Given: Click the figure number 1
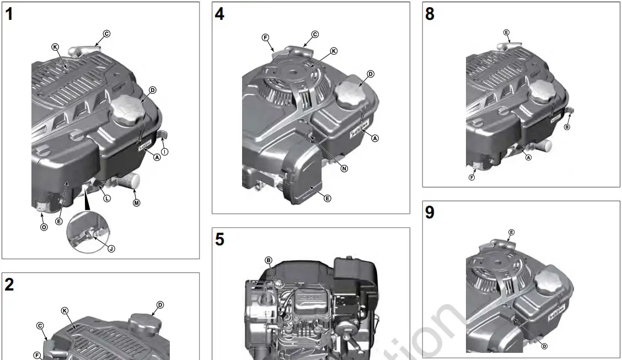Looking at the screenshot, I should tap(9, 15).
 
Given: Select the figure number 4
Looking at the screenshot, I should tap(219, 14).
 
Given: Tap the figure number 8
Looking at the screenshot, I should tap(430, 14).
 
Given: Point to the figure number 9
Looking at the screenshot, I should tap(430, 213).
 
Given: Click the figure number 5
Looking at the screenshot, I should tap(219, 240).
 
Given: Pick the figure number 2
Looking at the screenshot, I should tap(9, 285).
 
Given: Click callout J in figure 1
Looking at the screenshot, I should tap(111, 249).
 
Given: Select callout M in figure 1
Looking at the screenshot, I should tap(137, 203).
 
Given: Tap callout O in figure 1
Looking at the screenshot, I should tap(44, 227).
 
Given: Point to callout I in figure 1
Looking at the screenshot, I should tap(165, 152).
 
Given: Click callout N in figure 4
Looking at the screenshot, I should tap(345, 169).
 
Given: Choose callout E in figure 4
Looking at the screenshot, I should tap(328, 198).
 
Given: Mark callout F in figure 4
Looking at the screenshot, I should tap(265, 37).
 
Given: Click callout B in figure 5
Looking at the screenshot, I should tap(269, 260).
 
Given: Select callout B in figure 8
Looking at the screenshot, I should tap(567, 127).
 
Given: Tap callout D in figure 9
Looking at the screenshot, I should tap(544, 346).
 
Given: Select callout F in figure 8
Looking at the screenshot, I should tap(472, 177).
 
